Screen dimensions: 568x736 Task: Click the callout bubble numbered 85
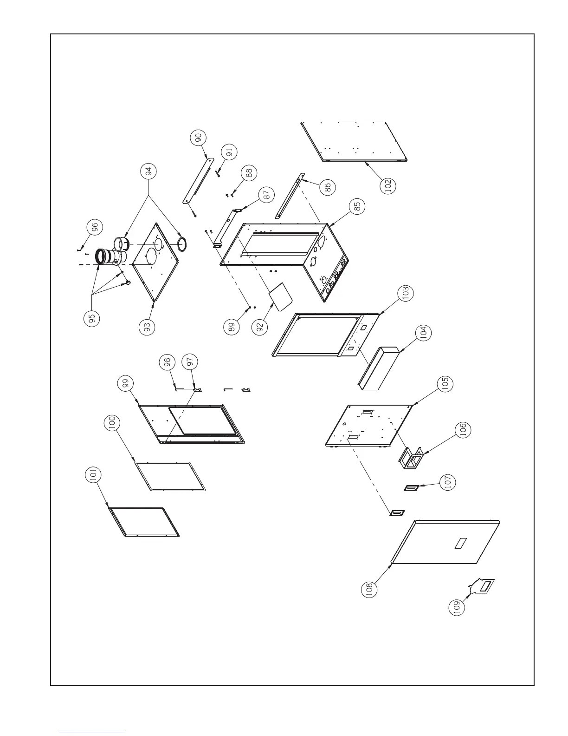coord(357,207)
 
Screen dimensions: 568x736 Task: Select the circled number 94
coord(148,172)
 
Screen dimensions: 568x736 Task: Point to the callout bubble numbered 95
coord(92,318)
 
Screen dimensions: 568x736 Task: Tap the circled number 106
coord(463,429)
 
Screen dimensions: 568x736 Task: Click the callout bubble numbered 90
coord(198,138)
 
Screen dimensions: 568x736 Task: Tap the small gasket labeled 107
coord(411,488)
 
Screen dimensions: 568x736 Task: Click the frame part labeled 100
coord(169,476)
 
